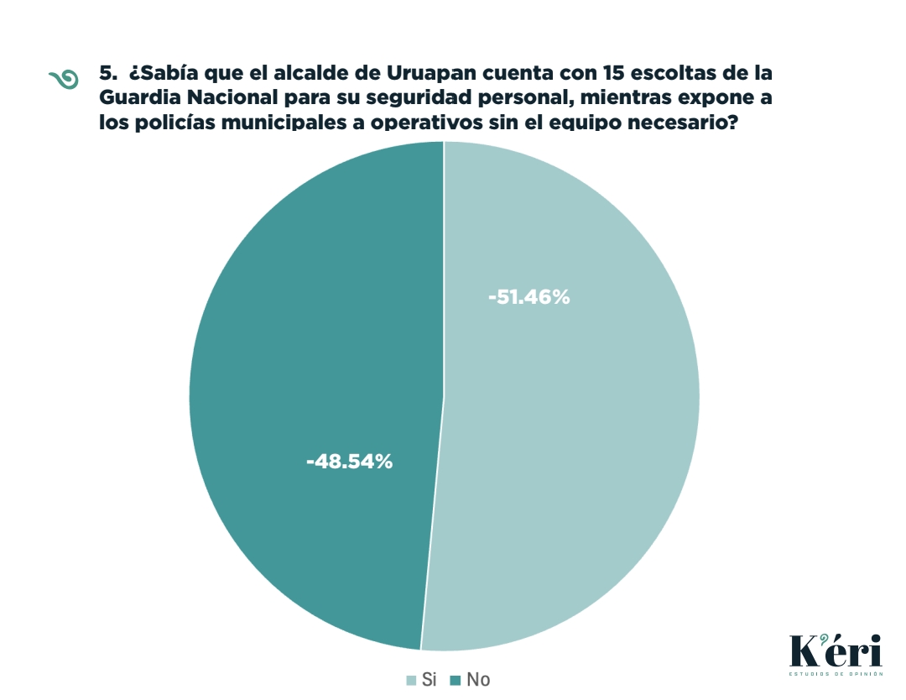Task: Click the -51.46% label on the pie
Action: [x=528, y=297]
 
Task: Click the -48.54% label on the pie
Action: [x=350, y=461]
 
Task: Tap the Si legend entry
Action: [x=421, y=680]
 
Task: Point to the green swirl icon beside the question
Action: [x=64, y=78]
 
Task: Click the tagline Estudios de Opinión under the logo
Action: [x=836, y=674]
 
